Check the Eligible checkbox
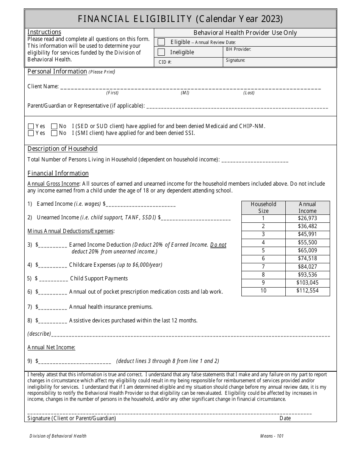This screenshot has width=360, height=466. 161,42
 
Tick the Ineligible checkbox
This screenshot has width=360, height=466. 161,52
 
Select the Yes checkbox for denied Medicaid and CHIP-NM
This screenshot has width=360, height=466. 31,126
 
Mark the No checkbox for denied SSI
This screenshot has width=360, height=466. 54,133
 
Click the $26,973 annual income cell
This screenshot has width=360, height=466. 307,218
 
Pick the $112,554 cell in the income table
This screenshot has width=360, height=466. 307,291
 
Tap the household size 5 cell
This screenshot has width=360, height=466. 263,250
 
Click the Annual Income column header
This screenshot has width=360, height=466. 307,208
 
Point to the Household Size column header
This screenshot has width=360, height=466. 263,208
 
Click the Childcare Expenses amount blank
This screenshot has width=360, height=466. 53,265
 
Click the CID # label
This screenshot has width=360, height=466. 165,63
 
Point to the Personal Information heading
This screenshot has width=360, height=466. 57,72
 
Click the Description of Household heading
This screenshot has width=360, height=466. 63,149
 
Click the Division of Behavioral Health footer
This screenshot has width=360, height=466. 58,436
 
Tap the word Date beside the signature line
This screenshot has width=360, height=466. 285,418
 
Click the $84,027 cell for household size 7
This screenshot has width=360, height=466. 307,267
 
